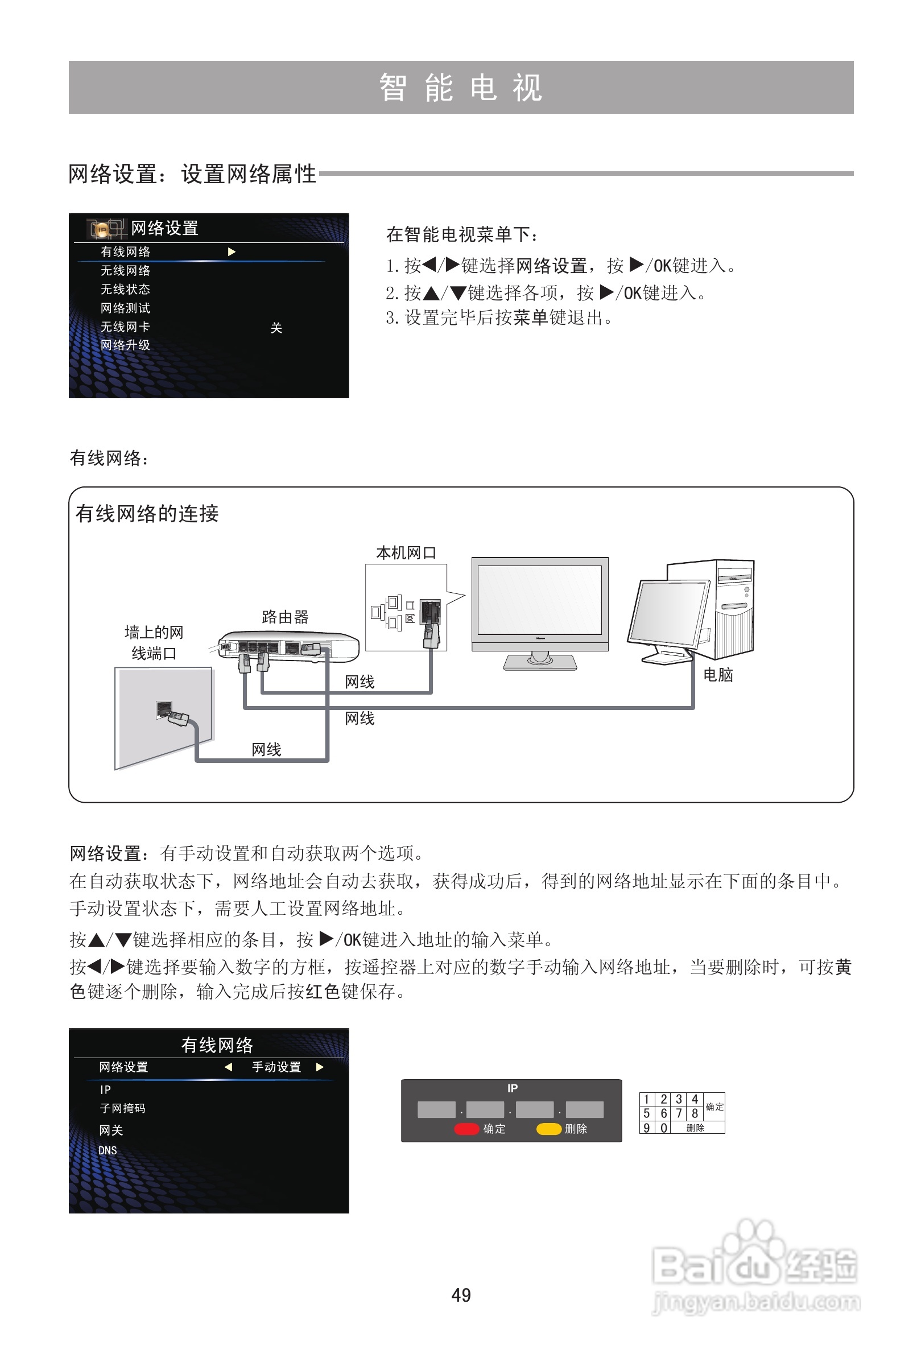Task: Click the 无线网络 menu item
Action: [x=125, y=270]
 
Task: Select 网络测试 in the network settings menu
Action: [x=125, y=308]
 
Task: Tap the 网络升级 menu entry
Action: [x=125, y=345]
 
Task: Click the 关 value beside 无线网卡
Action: [x=276, y=328]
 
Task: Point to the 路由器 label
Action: [x=285, y=617]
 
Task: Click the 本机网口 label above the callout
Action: [x=406, y=552]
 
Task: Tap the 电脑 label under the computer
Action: [x=718, y=675]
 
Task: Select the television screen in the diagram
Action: [x=539, y=600]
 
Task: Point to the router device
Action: [x=288, y=646]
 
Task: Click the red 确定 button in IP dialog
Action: [x=466, y=1129]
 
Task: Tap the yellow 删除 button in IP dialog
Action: [x=549, y=1129]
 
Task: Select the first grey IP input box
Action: [x=436, y=1109]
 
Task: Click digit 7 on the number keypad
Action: [x=679, y=1113]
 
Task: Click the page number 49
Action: [x=461, y=1295]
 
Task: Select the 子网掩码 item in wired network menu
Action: [x=122, y=1108]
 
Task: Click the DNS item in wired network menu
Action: [x=108, y=1150]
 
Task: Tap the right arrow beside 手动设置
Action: [x=320, y=1067]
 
